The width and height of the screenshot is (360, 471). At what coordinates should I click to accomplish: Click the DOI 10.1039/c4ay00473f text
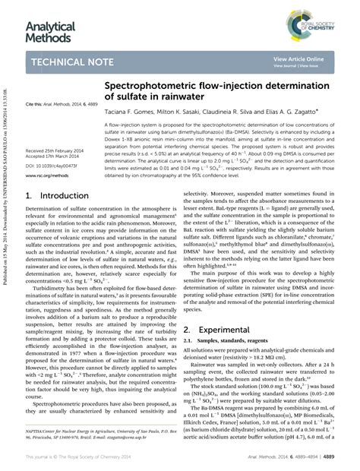[x=52, y=166]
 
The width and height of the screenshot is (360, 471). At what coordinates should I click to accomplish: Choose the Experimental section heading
[x=222, y=330]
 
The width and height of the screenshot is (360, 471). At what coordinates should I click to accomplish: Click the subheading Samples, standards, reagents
[x=226, y=343]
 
